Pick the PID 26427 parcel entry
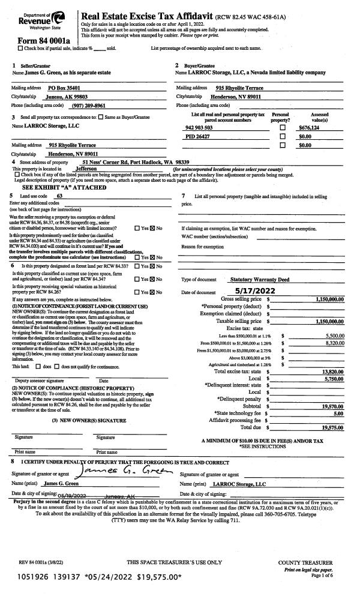point(200,136)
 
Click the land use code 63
point(59,196)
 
